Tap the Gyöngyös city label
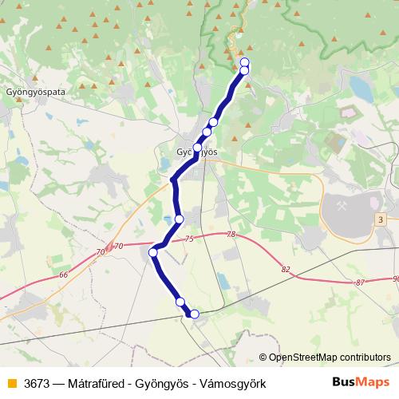tap(196, 151)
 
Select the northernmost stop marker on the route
tap(244, 62)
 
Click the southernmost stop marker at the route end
tap(194, 314)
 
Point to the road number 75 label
tap(189, 239)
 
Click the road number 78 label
tap(231, 234)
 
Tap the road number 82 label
tap(286, 270)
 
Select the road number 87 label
tap(361, 282)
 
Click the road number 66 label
tap(64, 275)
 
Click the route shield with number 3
tap(381, 219)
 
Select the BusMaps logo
tap(361, 383)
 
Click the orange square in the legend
tap(11, 383)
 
